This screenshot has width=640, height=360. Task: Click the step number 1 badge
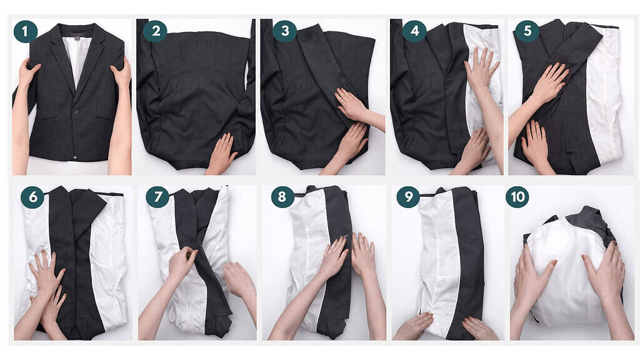(26, 31)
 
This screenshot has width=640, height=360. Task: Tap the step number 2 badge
(154, 31)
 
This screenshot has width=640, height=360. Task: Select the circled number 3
(284, 31)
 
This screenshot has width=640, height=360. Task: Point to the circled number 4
(414, 31)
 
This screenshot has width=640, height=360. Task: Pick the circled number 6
(32, 197)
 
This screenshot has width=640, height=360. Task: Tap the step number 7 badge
(157, 197)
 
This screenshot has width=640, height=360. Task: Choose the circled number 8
(283, 197)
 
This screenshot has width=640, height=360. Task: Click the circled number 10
(517, 197)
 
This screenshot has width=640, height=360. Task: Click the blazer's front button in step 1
(74, 111)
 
